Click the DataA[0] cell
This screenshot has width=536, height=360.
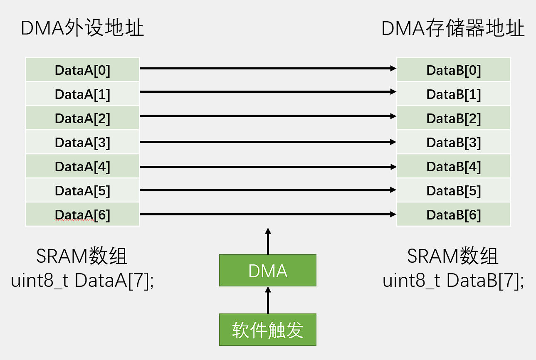pos(82,70)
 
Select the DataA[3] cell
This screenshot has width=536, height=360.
pos(82,143)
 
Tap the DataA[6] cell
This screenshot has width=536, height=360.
pos(82,215)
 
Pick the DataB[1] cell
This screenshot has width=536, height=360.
pos(453,94)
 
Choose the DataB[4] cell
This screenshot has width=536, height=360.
pos(453,167)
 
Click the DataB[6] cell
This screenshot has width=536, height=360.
pos(453,215)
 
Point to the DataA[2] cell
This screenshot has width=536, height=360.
pos(82,118)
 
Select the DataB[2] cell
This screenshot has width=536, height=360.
pos(453,118)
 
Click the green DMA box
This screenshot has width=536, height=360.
pos(267,271)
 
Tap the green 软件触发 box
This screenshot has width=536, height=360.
pos(267,330)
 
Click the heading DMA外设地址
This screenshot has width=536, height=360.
pos(82,29)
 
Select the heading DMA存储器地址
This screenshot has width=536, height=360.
pos(453,29)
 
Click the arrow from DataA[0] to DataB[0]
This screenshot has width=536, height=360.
pos(268,68)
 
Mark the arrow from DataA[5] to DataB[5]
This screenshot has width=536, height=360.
pos(268,190)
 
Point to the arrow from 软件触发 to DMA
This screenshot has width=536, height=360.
pos(268,300)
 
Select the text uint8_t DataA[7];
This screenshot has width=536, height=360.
pos(82,281)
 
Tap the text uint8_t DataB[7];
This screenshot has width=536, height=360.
pos(453,281)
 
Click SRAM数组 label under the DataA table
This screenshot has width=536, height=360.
pos(82,256)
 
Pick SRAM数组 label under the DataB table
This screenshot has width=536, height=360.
pos(453,256)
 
